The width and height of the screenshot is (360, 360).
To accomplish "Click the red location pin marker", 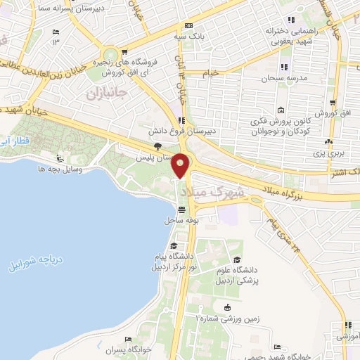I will coord(181,165).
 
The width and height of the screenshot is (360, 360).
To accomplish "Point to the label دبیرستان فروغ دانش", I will coord(188,131).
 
